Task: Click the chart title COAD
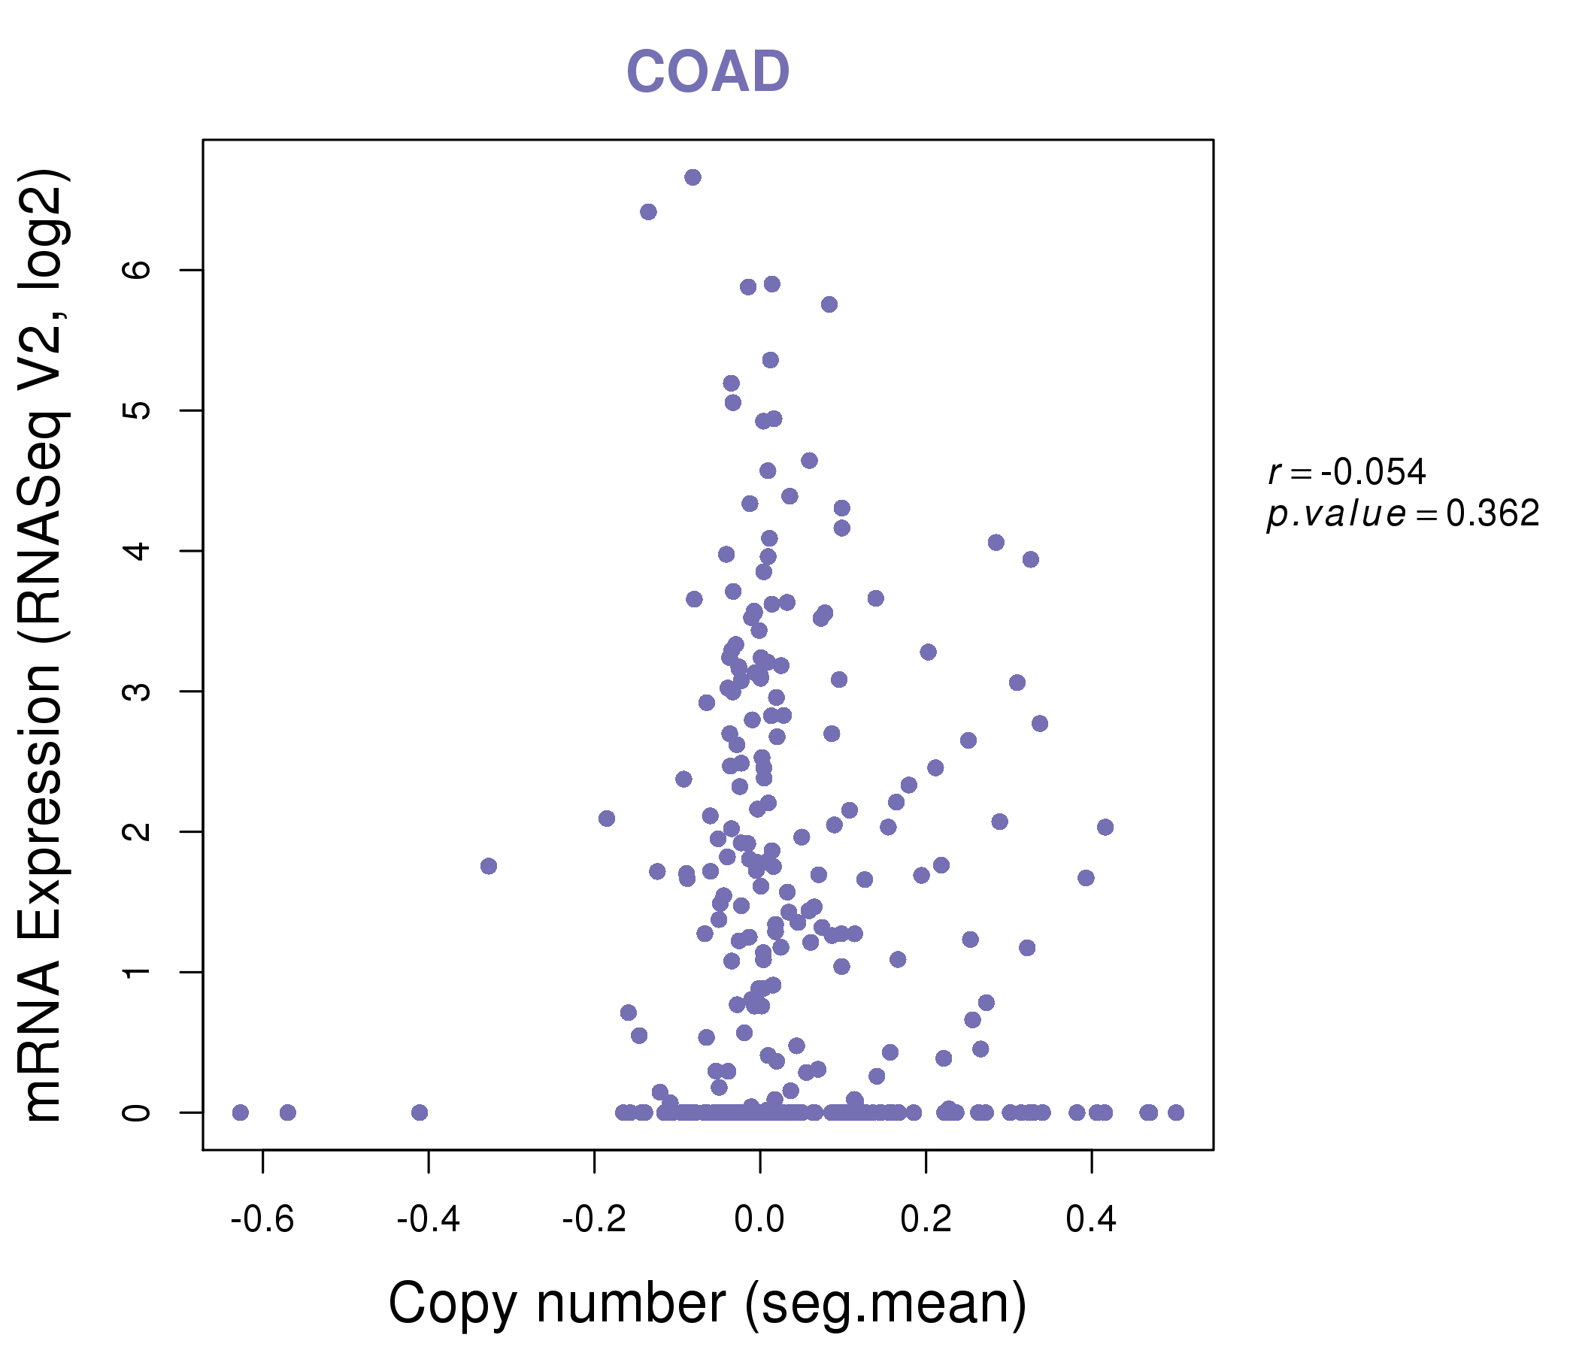click(x=708, y=72)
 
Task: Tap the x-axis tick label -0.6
click(x=262, y=1219)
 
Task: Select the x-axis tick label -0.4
click(x=429, y=1219)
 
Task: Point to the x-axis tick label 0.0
click(x=759, y=1219)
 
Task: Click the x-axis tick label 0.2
click(x=925, y=1219)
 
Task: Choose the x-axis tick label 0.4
click(x=1091, y=1219)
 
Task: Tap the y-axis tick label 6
click(x=137, y=270)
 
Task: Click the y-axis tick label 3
click(x=137, y=691)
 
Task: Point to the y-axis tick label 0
click(x=137, y=1112)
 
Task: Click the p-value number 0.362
click(x=1492, y=513)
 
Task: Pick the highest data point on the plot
click(x=693, y=177)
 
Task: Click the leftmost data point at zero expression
click(x=240, y=1112)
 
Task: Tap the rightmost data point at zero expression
click(x=1176, y=1112)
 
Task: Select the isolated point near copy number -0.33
click(x=489, y=866)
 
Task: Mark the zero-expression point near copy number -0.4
click(x=419, y=1112)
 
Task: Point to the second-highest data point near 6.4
click(x=648, y=212)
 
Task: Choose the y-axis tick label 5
click(x=137, y=410)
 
